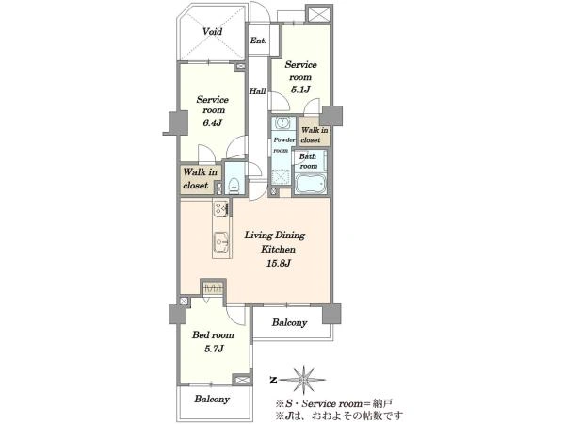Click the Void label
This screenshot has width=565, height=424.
tap(212, 32)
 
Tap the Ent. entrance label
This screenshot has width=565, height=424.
tap(258, 41)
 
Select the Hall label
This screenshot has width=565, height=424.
tap(258, 91)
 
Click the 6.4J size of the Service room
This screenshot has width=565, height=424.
tap(212, 122)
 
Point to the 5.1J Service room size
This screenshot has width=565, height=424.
tap(300, 90)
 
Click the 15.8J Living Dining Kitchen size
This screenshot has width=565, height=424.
tap(279, 263)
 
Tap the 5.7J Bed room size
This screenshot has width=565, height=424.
tap(214, 349)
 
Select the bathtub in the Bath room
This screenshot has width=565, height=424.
tap(311, 185)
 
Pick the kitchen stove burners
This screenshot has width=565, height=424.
tap(220, 209)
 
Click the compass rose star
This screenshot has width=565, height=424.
tap(304, 379)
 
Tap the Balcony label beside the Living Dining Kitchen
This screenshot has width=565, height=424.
tap(289, 322)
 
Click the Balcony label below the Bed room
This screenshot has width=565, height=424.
tap(212, 399)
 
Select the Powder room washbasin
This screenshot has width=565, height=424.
tap(283, 122)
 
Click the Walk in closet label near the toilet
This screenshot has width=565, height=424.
tap(200, 178)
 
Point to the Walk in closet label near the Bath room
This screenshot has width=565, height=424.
tap(315, 135)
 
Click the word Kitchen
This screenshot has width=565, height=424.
tap(278, 249)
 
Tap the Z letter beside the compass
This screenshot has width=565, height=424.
tap(273, 380)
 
